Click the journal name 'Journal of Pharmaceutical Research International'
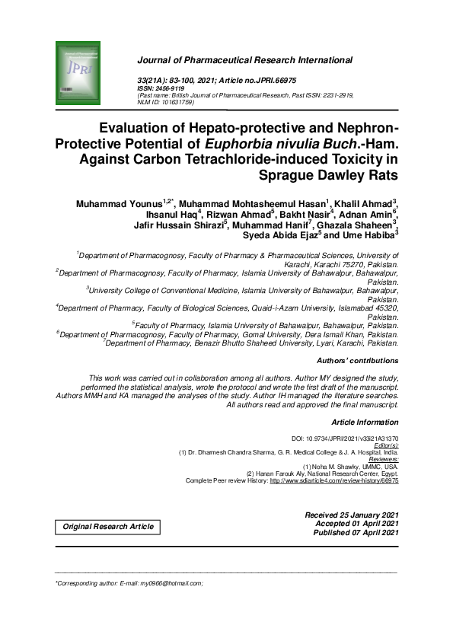coord(244,60)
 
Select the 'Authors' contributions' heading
coord(356,361)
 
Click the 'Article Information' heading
coord(365,421)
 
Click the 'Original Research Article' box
coord(107,527)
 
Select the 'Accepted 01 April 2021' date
coord(357,524)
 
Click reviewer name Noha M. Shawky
coord(370,466)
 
